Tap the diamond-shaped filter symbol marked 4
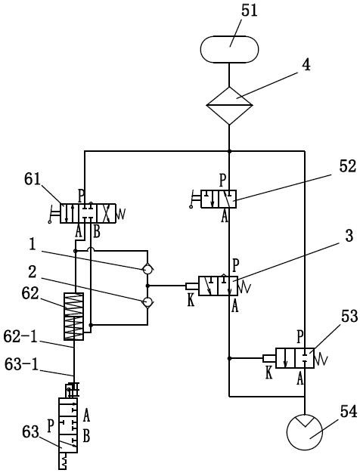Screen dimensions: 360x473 click(x=229, y=106)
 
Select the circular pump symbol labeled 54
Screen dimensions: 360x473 click(x=305, y=432)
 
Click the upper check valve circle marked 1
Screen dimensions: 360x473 click(x=147, y=269)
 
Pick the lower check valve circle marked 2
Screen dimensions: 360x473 click(x=147, y=301)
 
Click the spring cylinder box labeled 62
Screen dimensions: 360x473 click(x=73, y=316)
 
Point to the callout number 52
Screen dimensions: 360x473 click(x=348, y=166)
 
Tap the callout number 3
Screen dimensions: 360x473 click(x=349, y=236)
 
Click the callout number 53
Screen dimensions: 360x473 click(x=349, y=317)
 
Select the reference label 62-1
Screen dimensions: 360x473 click(x=20, y=336)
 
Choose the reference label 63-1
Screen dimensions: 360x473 click(x=21, y=364)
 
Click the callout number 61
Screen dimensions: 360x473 click(x=33, y=180)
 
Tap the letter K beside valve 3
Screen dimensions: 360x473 click(x=191, y=301)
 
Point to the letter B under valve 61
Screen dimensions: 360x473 click(x=96, y=233)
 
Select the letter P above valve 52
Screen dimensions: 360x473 click(x=222, y=181)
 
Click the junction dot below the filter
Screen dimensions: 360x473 click(x=229, y=151)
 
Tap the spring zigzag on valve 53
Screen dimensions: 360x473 click(x=321, y=359)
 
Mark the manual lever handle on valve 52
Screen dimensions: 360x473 click(x=196, y=199)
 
